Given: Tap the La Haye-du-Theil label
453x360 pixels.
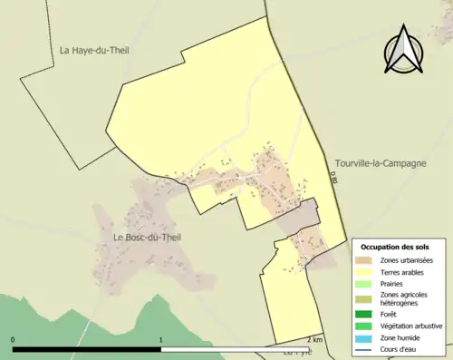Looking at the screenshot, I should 94,51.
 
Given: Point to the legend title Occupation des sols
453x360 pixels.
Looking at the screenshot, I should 395,247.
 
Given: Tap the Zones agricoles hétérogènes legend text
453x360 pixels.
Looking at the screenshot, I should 404,299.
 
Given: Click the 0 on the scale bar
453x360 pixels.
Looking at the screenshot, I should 14,339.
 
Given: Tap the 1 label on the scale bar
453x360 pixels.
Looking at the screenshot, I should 161,339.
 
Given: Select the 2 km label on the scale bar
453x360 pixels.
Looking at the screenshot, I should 314,339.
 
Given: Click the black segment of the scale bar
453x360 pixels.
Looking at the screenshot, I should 87,349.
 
